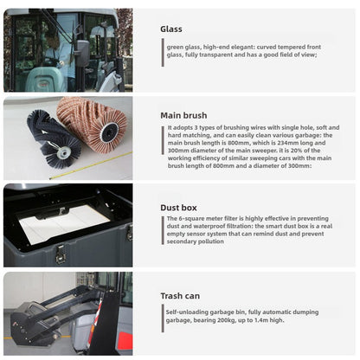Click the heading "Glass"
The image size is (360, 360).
pyautogui.click(x=171, y=29)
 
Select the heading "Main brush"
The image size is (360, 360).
pyautogui.click(x=183, y=115)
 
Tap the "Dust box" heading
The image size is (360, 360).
pyautogui.click(x=178, y=207)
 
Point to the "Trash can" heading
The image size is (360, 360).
pyautogui.click(x=181, y=295)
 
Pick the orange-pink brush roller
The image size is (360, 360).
pyautogui.click(x=93, y=125)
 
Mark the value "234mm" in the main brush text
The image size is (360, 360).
pyautogui.click(x=296, y=144)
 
